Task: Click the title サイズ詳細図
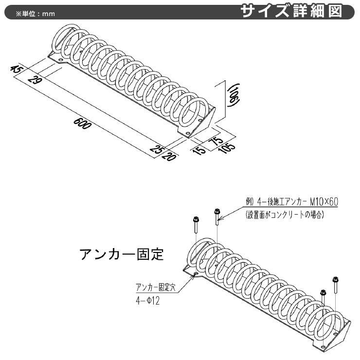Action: coord(291,11)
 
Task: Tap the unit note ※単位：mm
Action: coord(36,14)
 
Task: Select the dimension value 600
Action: coord(82,123)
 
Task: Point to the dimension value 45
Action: coord(16,69)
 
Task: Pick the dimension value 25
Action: coord(157,149)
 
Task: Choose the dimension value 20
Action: coord(170,156)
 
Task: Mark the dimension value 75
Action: coord(217,141)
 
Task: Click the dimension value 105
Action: coord(227,148)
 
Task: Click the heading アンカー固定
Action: coord(122,254)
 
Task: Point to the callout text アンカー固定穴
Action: coord(156,287)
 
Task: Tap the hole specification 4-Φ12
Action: coord(148,301)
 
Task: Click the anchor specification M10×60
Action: coord(324,202)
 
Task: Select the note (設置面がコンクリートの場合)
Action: coord(285,215)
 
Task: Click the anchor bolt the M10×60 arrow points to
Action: coord(217,217)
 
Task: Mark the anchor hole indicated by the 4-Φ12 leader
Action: coord(196,273)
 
